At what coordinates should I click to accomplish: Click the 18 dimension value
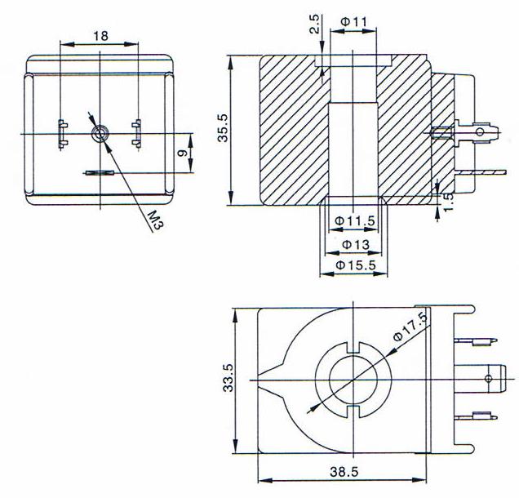(100, 36)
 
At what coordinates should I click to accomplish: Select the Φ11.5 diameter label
(354, 220)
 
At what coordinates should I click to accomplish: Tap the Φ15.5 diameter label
(354, 265)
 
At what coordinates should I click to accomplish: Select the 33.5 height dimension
(229, 378)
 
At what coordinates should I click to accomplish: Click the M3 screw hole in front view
(100, 133)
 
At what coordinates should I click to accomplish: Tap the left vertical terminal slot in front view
(62, 134)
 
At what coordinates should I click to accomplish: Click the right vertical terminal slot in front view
(137, 134)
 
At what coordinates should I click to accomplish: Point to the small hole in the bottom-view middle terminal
(488, 378)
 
